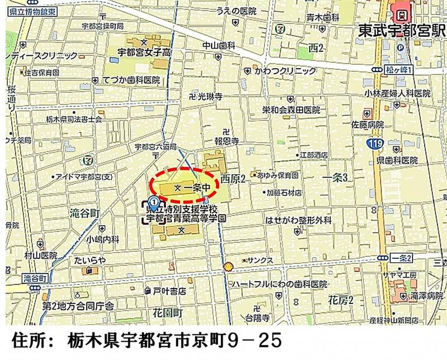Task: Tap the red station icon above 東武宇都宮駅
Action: [x=401, y=10]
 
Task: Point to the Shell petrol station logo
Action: [x=228, y=266]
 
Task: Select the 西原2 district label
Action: [x=233, y=179]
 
